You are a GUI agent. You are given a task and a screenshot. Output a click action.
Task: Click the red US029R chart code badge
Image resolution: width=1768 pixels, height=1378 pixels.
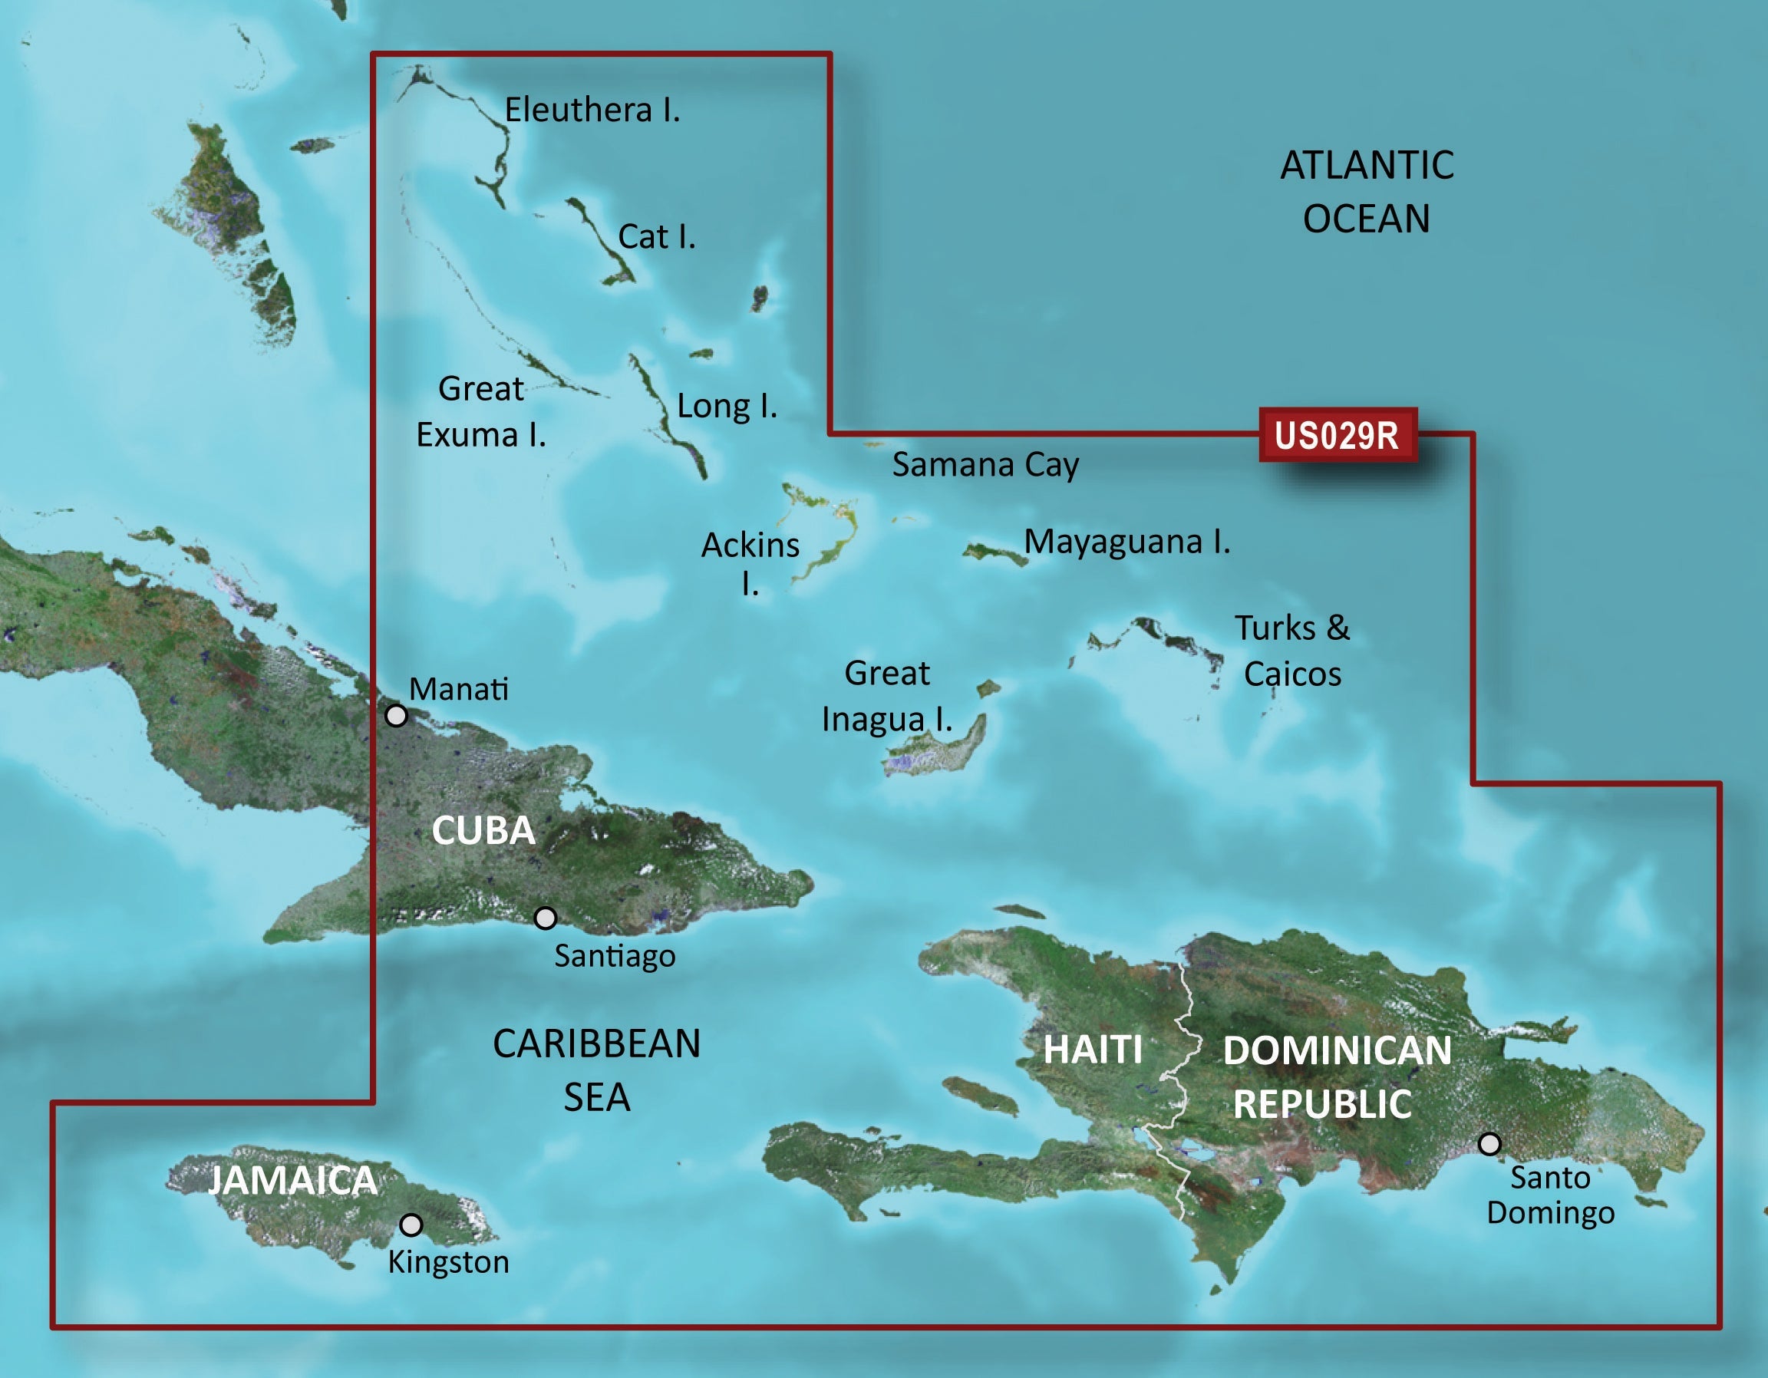click(x=1338, y=436)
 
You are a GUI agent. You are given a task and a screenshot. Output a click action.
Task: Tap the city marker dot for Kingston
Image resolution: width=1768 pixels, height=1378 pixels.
click(x=411, y=1225)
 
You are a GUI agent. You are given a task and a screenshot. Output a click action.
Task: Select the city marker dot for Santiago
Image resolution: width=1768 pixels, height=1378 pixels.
click(x=546, y=918)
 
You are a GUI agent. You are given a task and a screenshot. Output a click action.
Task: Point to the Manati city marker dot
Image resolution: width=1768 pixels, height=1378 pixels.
click(x=396, y=715)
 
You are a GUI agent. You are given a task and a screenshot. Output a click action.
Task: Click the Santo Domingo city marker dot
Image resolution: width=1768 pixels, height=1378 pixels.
click(x=1489, y=1143)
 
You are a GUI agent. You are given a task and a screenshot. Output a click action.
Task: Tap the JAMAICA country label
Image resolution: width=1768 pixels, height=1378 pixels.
click(x=293, y=1181)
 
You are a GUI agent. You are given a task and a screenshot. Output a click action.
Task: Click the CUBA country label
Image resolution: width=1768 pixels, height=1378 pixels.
click(x=483, y=831)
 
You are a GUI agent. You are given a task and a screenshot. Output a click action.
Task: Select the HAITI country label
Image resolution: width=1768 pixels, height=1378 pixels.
click(x=1093, y=1050)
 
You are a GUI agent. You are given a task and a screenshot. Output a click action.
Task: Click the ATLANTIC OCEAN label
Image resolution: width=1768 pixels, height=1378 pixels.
click(x=1367, y=192)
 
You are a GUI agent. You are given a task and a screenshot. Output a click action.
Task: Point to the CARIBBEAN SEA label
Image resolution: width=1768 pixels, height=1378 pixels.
click(x=596, y=1070)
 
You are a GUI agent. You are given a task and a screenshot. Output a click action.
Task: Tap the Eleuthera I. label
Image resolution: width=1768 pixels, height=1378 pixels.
click(x=592, y=110)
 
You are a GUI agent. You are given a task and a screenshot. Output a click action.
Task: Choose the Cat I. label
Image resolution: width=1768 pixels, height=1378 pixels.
click(x=657, y=236)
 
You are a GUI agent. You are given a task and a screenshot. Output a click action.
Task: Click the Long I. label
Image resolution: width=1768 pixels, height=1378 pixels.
click(x=727, y=406)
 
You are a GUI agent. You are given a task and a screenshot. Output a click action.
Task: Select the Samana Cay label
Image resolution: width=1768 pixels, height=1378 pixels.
click(x=985, y=465)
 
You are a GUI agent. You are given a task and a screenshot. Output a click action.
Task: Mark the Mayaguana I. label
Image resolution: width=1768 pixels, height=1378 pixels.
click(x=1126, y=542)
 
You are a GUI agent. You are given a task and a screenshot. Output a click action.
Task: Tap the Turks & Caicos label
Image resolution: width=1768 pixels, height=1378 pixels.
click(x=1292, y=651)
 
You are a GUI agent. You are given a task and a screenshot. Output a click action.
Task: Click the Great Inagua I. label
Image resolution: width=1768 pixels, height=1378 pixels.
click(x=887, y=696)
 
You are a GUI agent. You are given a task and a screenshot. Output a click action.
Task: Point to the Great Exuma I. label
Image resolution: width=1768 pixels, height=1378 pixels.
click(x=481, y=412)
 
